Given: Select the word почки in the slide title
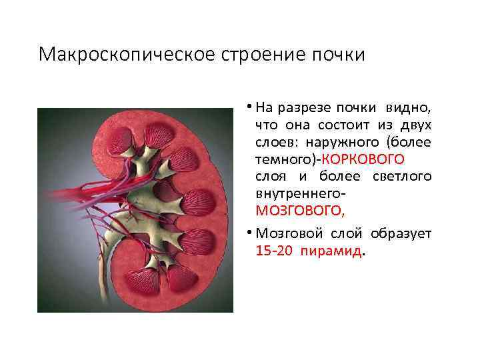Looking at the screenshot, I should (339, 53).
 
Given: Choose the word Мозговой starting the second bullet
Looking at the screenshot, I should (284, 234).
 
